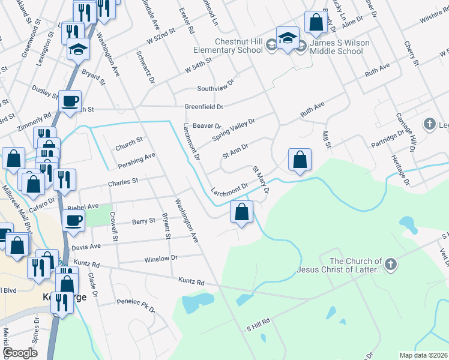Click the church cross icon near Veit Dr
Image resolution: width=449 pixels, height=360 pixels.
tap(390, 265)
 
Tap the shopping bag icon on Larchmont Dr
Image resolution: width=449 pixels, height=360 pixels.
tap(241, 212)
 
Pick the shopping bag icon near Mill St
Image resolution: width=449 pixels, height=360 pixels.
tap(300, 160)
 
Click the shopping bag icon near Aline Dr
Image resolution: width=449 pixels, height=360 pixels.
tap(315, 23)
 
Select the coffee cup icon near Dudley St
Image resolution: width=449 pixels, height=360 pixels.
tap(70, 100)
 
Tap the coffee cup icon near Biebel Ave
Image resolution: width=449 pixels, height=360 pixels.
tap(73, 220)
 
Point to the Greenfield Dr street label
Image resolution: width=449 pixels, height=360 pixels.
tap(203, 106)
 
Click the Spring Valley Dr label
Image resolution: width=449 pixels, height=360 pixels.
tap(234, 129)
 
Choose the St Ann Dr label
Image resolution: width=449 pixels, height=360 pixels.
tap(235, 149)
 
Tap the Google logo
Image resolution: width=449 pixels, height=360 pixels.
tap(20, 353)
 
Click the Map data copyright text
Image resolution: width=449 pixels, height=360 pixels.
tap(423, 355)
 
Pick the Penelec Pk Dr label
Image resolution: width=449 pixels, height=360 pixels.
tap(136, 305)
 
